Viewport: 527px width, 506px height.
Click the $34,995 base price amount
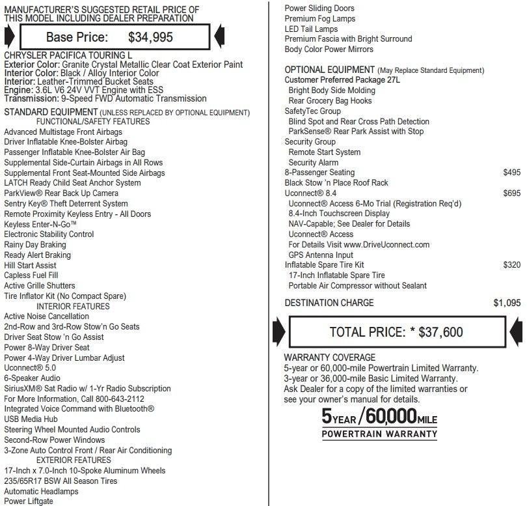[151, 37]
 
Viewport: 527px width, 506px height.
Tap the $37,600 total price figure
[441, 332]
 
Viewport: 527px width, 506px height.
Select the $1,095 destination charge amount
[507, 303]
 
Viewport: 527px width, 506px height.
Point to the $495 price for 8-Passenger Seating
[512, 173]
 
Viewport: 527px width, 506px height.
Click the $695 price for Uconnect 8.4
[512, 193]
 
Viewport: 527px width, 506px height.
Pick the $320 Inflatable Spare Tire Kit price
[512, 265]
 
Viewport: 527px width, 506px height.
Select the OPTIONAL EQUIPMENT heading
[329, 70]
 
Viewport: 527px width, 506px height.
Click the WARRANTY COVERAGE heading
[329, 358]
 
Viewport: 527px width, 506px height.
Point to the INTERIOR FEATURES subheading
[73, 306]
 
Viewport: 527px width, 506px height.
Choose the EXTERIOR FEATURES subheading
[74, 460]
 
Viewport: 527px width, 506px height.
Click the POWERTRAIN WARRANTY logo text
[379, 434]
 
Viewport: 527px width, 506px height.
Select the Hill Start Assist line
[30, 265]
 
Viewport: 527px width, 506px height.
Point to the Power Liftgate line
[29, 501]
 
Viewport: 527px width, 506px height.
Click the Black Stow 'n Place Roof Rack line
[336, 183]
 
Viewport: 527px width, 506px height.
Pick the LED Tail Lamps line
[311, 29]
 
